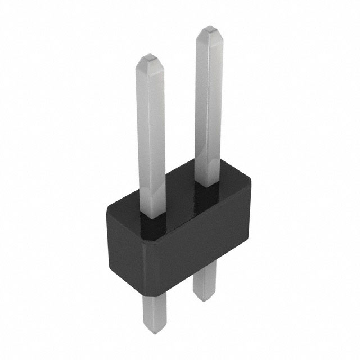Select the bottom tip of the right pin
(x=204, y=299)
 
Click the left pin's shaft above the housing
(x=151, y=135)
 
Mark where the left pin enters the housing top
(x=152, y=214)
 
